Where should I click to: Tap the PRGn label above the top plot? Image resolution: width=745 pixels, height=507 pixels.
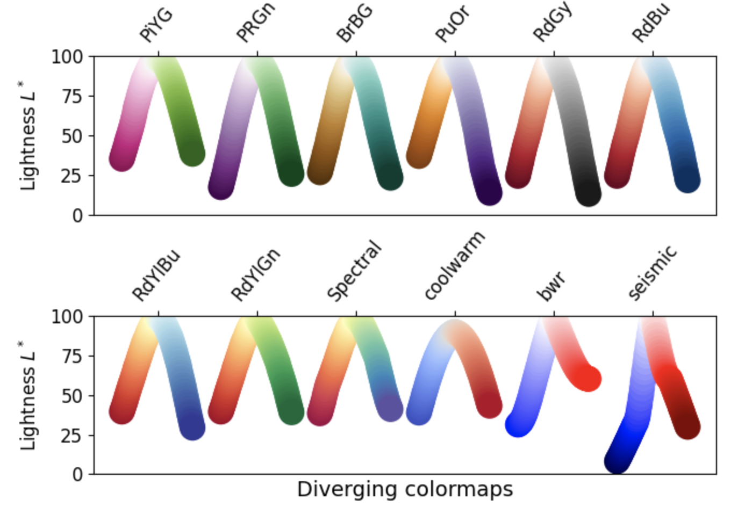point(256,23)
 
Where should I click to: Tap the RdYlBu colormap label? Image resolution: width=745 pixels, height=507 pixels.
point(156,276)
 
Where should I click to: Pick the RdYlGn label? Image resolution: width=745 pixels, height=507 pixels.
point(256,274)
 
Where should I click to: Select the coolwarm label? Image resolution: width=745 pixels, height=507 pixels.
point(454,265)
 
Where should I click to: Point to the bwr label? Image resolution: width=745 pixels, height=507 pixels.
point(551,286)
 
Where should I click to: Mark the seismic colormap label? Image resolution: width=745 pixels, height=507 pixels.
point(652,273)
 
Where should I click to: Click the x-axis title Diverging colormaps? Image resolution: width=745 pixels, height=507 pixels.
point(405,489)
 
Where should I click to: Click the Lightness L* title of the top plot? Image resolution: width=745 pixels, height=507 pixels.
point(28,136)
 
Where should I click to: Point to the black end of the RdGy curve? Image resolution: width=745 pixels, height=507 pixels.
point(589,194)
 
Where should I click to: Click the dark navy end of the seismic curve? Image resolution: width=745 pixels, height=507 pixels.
point(617,461)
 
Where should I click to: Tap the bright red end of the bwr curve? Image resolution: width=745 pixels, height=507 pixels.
point(588,378)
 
